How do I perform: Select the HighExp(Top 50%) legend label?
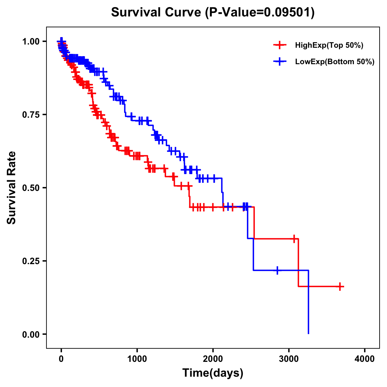click(329, 45)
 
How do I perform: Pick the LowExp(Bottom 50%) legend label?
click(335, 62)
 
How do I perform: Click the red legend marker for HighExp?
click(280, 45)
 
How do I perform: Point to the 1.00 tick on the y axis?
click(31, 41)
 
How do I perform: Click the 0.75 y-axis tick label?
click(31, 114)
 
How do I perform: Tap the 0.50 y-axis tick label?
click(31, 188)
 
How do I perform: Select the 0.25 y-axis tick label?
click(31, 261)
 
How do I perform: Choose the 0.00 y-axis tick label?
click(31, 334)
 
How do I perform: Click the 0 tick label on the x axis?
click(61, 359)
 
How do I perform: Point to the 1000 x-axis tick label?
click(137, 359)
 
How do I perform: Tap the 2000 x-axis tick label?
click(213, 359)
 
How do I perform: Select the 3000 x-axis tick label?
click(289, 359)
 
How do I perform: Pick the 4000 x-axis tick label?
click(365, 359)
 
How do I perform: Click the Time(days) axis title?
click(213, 373)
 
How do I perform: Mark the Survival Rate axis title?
click(12, 188)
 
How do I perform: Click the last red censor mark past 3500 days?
click(340, 286)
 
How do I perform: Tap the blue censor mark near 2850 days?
click(277, 270)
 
